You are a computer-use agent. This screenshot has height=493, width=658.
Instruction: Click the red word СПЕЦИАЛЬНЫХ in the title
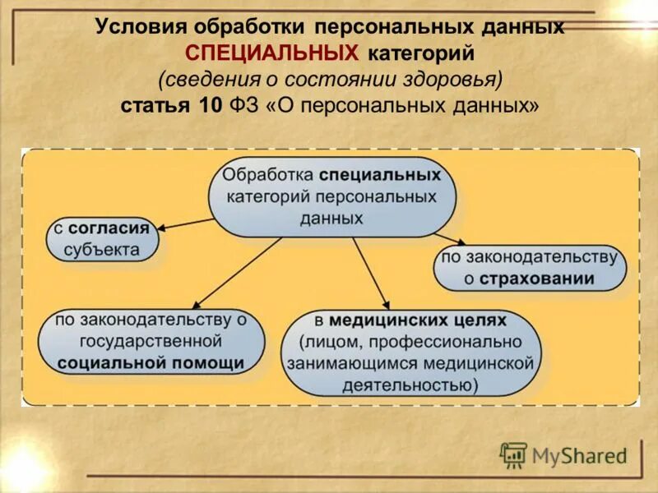tap(272, 53)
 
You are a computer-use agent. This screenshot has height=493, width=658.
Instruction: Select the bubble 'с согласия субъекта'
tap(102, 238)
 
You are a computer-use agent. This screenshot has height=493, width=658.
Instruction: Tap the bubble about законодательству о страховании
tap(529, 267)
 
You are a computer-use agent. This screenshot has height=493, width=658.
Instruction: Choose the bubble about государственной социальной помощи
tap(151, 340)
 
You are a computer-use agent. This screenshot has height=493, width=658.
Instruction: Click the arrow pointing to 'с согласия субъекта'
tap(185, 224)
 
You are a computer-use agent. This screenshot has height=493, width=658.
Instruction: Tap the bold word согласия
tap(109, 228)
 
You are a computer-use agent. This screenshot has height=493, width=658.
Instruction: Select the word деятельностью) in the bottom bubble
tap(410, 385)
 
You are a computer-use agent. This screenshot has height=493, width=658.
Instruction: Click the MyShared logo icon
tap(513, 454)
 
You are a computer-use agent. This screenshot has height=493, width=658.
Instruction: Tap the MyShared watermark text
tap(579, 454)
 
